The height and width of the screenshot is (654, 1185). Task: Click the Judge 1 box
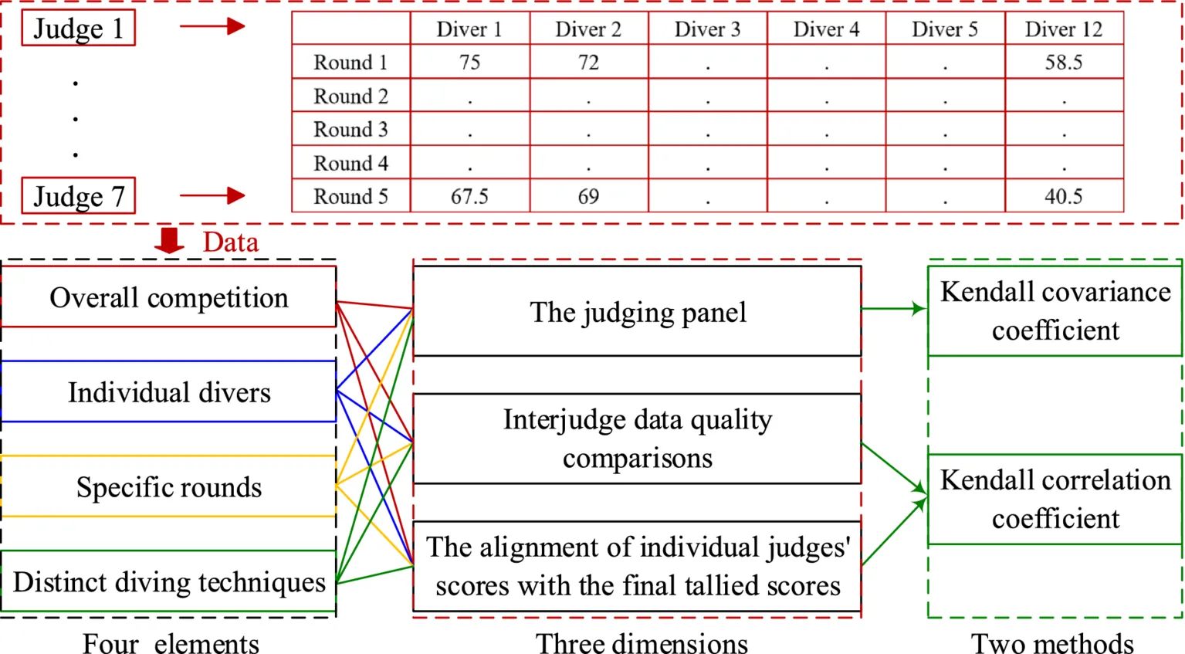pyautogui.click(x=78, y=29)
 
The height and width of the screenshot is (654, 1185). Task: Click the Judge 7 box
pyautogui.click(x=78, y=196)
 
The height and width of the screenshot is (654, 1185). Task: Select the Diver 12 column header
pyautogui.click(x=1063, y=29)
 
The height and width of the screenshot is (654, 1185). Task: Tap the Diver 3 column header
pyautogui.click(x=707, y=29)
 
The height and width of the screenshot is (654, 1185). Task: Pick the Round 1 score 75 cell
pyautogui.click(x=469, y=63)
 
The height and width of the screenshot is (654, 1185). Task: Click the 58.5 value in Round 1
pyautogui.click(x=1063, y=63)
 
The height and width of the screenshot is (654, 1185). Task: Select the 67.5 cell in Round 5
pyautogui.click(x=469, y=197)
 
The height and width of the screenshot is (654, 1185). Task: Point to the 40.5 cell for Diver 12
pyautogui.click(x=1063, y=197)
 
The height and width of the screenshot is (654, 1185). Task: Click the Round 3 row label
pyautogui.click(x=350, y=130)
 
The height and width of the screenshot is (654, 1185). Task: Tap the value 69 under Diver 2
pyautogui.click(x=588, y=197)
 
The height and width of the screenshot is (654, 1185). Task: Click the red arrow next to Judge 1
pyautogui.click(x=212, y=27)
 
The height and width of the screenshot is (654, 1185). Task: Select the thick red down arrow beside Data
pyautogui.click(x=169, y=241)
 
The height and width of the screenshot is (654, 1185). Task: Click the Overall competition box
pyautogui.click(x=168, y=297)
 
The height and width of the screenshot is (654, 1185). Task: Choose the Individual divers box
pyautogui.click(x=168, y=392)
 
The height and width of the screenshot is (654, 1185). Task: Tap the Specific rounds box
pyautogui.click(x=168, y=487)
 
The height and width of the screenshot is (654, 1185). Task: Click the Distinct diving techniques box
pyautogui.click(x=168, y=581)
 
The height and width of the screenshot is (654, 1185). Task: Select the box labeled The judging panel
pyautogui.click(x=637, y=312)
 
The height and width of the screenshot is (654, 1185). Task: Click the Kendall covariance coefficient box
pyautogui.click(x=1055, y=311)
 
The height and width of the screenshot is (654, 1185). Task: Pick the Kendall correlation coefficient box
pyautogui.click(x=1055, y=500)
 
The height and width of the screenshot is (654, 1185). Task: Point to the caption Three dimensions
pyautogui.click(x=642, y=642)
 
